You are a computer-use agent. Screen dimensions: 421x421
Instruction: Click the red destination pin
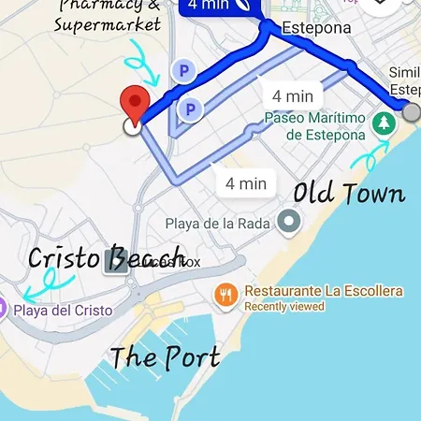[x=138, y=104]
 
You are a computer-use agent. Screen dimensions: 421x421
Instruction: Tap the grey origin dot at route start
[x=413, y=111]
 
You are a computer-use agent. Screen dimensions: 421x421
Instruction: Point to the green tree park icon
[x=383, y=123]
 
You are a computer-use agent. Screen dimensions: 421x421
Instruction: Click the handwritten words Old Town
[x=349, y=194]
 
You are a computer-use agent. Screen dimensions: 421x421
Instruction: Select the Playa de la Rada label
[x=217, y=223]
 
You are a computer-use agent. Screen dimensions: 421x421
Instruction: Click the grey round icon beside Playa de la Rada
[x=291, y=222]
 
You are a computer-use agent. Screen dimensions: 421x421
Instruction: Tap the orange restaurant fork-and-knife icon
[x=225, y=297]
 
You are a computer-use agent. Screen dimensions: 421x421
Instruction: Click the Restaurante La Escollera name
[x=323, y=291]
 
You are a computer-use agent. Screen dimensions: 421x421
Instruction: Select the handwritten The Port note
[x=165, y=356]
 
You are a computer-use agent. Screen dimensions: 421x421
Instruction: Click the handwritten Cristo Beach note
[x=105, y=258]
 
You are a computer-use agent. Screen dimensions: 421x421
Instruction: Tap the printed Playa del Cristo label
[x=63, y=310]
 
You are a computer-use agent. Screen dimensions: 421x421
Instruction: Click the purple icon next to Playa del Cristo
[x=4, y=308]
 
